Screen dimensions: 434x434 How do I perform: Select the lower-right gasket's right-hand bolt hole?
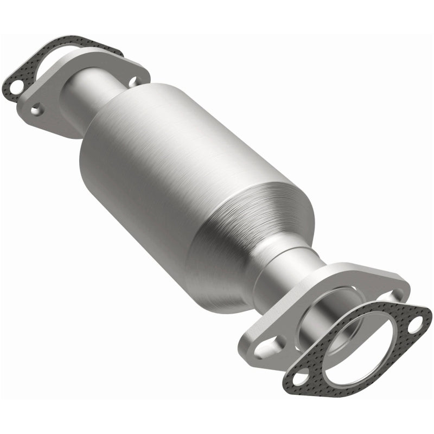coord(414,327)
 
